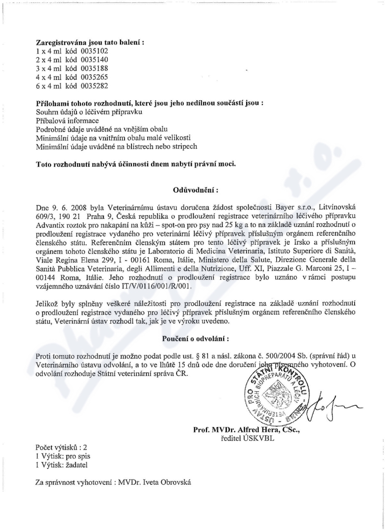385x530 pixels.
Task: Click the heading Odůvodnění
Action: click(x=192, y=190)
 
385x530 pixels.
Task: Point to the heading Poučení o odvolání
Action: click(x=192, y=338)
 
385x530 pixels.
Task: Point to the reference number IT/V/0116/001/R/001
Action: click(x=155, y=285)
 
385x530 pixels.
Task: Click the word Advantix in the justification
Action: click(x=51, y=225)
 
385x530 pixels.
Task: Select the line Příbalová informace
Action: click(x=68, y=120)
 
